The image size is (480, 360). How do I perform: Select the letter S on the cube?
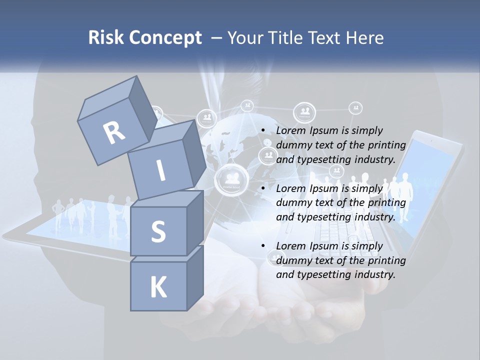(158, 232)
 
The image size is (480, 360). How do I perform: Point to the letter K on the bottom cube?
(158, 287)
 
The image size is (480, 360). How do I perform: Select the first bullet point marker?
(263, 130)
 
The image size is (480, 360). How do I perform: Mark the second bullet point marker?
(263, 188)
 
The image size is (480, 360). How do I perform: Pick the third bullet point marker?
(263, 246)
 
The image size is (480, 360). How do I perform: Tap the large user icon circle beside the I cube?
(231, 178)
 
